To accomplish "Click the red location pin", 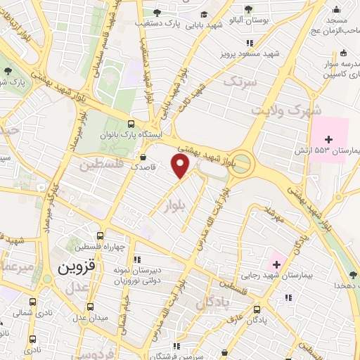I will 181,166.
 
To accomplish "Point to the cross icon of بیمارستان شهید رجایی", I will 276,264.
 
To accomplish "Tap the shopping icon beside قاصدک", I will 144,157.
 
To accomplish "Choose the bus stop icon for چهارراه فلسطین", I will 101,236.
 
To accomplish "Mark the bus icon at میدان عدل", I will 90,307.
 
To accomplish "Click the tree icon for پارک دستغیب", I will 157,13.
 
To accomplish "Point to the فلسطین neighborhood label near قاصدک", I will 100,167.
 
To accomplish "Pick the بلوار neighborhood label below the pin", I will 179,205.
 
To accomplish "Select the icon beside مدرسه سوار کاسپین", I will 342,53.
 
